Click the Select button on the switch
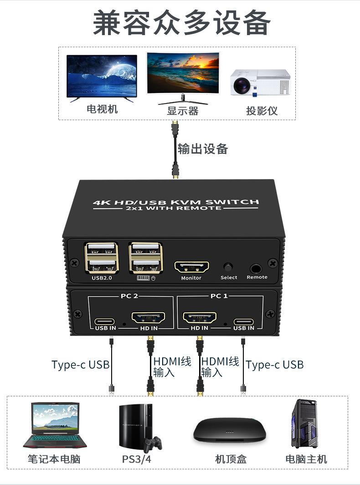tap(228, 267)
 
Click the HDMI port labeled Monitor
tap(191, 267)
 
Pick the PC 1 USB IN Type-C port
tap(244, 320)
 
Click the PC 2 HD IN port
tap(148, 317)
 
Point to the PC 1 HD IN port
tap(200, 317)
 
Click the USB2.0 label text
tap(102, 278)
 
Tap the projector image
tap(260, 83)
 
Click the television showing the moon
tap(102, 77)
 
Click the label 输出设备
tap(203, 149)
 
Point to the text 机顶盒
tap(231, 459)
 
